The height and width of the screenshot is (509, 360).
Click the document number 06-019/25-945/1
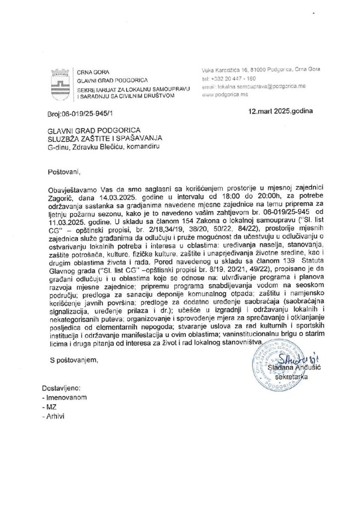[83, 113]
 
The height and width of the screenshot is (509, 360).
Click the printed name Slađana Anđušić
[288, 367]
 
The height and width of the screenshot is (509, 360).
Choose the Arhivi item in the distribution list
[55, 416]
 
